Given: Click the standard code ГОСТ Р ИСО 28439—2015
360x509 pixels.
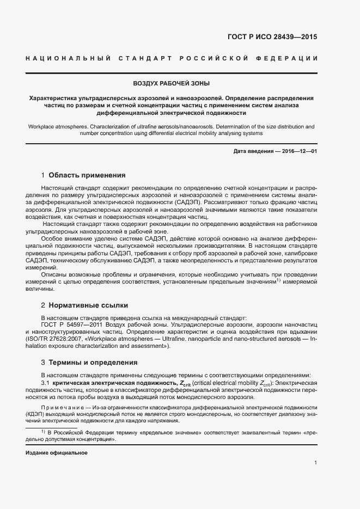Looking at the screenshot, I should click(x=272, y=37).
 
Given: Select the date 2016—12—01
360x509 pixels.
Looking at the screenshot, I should click(x=298, y=151).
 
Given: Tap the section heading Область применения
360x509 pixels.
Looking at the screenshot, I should click(x=87, y=175).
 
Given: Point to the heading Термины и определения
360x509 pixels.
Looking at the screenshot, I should click(x=93, y=363).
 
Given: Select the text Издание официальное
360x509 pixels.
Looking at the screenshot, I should click(x=57, y=453).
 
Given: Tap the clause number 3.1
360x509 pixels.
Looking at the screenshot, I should click(x=46, y=384).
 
